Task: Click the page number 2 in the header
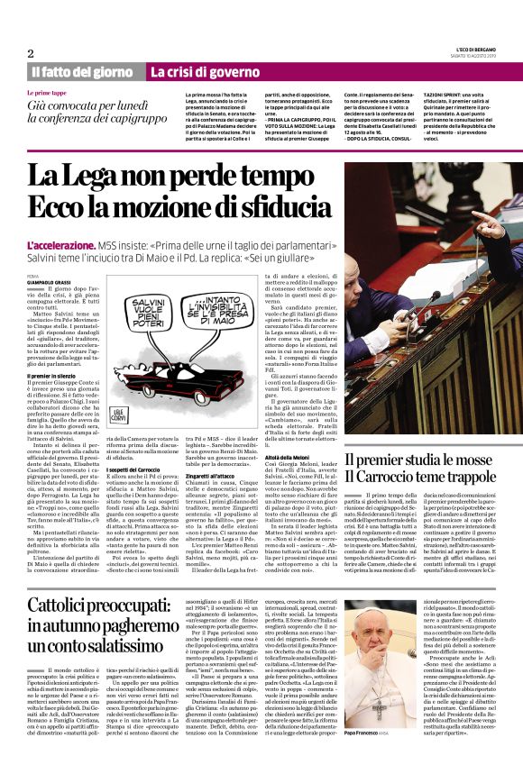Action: pos(30,53)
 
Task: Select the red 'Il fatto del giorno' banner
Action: pos(82,72)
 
